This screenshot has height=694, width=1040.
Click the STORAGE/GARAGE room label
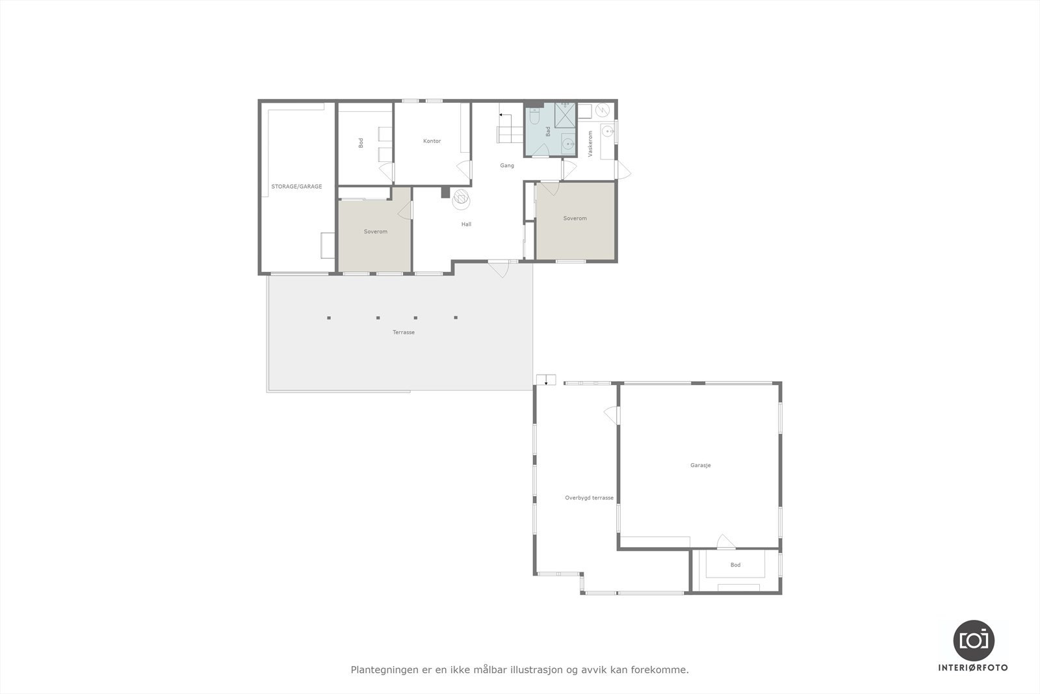[x=296, y=187]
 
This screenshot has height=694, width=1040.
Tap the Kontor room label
[x=432, y=141]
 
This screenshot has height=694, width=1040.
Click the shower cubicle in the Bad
[x=565, y=118]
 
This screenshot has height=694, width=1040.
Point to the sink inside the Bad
[x=568, y=144]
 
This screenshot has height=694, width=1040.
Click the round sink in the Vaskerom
[x=609, y=131]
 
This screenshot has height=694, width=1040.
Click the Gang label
[x=507, y=165]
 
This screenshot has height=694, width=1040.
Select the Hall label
[x=466, y=224]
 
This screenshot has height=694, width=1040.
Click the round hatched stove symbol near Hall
[x=461, y=198]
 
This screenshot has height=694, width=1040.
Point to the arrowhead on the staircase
[x=500, y=114]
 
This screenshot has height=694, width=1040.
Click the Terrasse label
[x=403, y=332]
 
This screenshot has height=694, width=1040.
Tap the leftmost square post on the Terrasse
[x=329, y=318]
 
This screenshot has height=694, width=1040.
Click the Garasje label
[x=700, y=466]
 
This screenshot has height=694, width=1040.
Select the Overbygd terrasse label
[x=589, y=498]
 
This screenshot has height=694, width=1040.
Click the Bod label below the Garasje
[x=735, y=565]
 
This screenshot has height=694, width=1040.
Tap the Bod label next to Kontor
[x=361, y=142]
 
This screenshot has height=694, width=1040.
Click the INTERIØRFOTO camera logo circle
[x=973, y=640]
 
